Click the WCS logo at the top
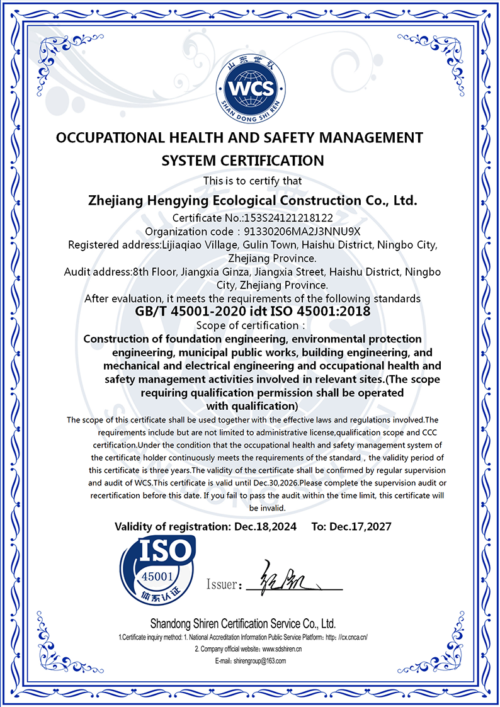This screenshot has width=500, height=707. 250,88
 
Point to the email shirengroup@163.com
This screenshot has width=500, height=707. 259,661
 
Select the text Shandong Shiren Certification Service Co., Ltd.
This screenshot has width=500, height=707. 242,624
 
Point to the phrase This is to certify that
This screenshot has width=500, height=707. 251,181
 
